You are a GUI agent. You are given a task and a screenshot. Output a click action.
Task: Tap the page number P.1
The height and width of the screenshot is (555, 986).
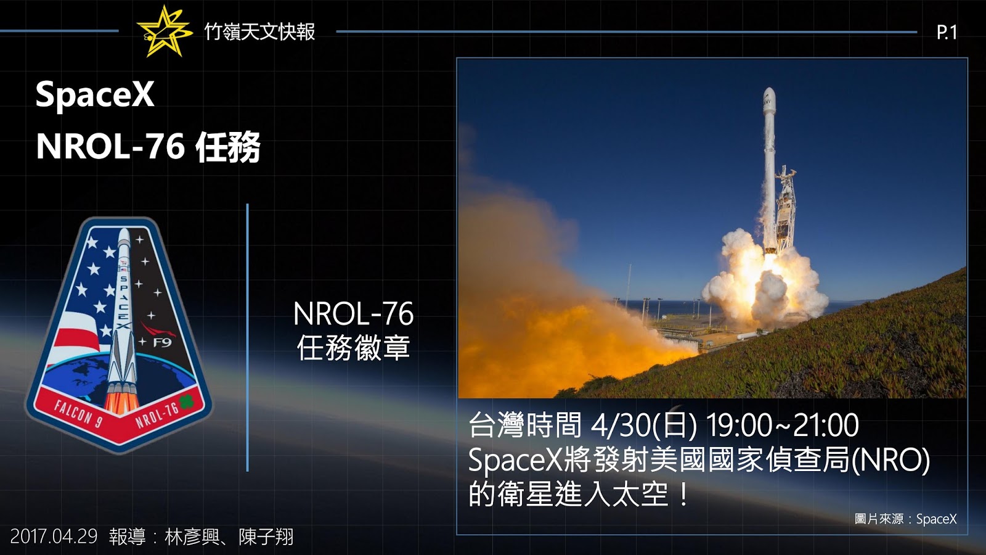coord(947,32)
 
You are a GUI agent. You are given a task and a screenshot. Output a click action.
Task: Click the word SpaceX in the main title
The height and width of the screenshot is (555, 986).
coord(95,95)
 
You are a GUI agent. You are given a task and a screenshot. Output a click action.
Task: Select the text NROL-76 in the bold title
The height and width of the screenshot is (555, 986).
coord(110,147)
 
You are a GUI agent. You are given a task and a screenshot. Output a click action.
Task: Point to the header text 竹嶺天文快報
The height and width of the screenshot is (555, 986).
coord(259,31)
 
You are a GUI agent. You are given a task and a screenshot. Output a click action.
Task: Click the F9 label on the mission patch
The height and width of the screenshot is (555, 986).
coord(162,342)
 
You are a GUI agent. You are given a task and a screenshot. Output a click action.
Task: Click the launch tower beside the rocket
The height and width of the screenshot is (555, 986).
coord(784,207)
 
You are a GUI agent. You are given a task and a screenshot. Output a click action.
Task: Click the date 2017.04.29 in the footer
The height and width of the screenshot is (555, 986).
coord(54,536)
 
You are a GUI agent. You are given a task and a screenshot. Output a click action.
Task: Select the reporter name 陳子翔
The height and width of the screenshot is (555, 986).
coord(266,536)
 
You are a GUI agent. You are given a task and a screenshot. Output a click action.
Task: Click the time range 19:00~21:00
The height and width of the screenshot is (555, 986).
coord(782,425)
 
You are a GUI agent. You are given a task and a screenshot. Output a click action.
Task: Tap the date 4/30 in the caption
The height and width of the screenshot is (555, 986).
coord(619,425)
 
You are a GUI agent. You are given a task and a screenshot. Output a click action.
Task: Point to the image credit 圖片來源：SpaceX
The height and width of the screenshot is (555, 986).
coord(905,519)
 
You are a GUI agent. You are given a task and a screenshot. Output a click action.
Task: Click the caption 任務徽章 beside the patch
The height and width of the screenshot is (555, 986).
coord(353,348)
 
